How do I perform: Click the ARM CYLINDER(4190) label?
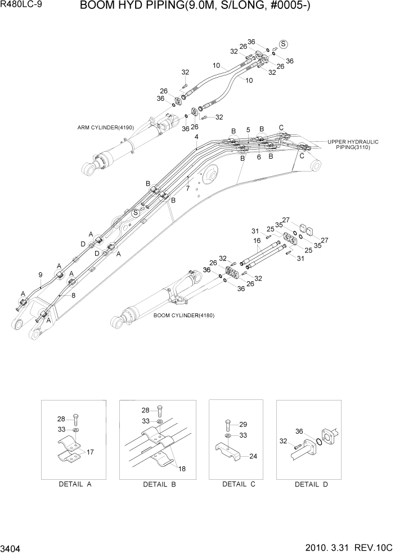pos(106,127)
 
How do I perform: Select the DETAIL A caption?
pos(75,484)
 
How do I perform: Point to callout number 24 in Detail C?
pos(253,456)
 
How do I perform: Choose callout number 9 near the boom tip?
pos(41,274)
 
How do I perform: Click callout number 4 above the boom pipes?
pos(196,137)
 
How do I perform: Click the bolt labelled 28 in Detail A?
pos(76,419)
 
